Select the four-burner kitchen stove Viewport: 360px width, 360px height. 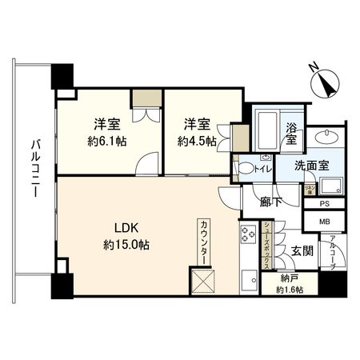click(x=248, y=236)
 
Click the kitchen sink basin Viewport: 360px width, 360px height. click(x=248, y=282)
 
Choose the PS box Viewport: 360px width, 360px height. click(x=326, y=205)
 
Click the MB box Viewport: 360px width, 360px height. click(x=326, y=222)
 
